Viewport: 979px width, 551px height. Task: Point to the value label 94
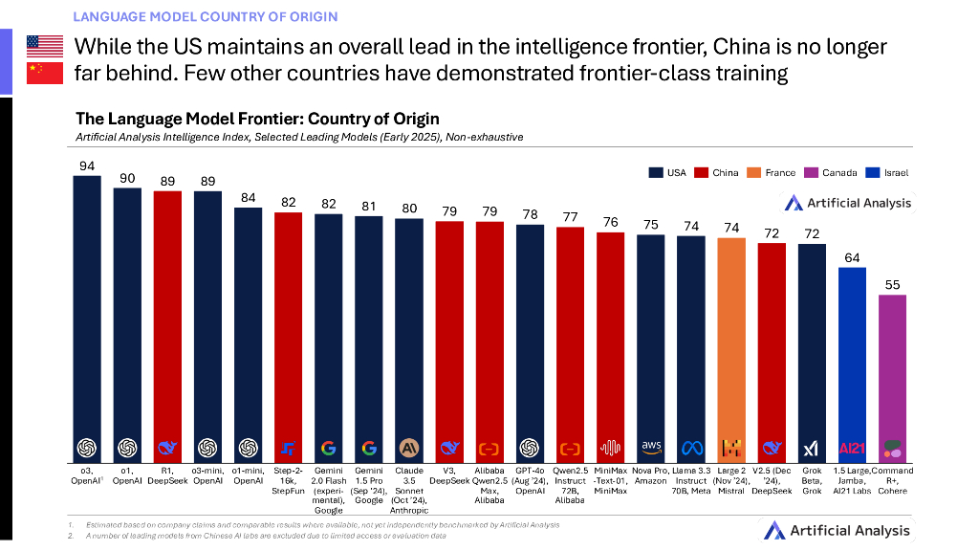point(87,165)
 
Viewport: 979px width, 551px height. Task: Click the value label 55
point(893,284)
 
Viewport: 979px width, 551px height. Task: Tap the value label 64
point(852,257)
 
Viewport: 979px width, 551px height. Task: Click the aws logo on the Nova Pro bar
point(651,447)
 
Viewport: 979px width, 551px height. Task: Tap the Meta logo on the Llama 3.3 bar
point(691,448)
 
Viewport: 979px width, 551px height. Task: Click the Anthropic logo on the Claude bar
point(409,448)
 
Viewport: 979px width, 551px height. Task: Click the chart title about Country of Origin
point(257,119)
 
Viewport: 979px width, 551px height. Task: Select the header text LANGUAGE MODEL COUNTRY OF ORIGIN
point(205,16)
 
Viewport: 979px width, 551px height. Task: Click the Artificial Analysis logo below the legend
point(848,203)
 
